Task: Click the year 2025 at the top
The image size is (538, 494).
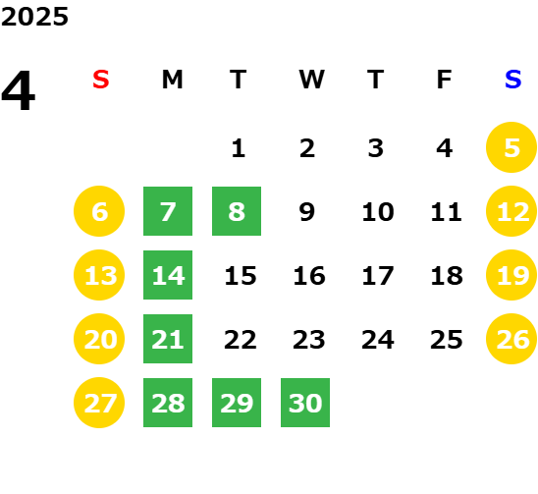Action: pos(34,17)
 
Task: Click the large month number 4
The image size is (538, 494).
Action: pos(19,90)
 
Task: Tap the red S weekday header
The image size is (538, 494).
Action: pos(101,80)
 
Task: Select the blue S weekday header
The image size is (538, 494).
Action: pos(512,80)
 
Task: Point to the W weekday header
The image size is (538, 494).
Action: pos(311,80)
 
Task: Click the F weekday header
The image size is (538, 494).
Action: pos(444,80)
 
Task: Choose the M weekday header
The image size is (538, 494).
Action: pos(172,80)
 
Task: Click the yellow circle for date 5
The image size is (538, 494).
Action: pos(511,147)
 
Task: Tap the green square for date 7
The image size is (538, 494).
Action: pos(168,211)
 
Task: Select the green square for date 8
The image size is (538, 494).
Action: pos(237,211)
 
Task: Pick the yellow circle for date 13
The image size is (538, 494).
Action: pos(99,275)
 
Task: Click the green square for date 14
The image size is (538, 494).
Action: pos(168,275)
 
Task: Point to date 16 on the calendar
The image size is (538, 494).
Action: pos(309,276)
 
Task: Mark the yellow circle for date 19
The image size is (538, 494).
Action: pos(511,275)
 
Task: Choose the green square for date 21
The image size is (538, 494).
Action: pos(168,339)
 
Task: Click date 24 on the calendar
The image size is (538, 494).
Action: pos(378,340)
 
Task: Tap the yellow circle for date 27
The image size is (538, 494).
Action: pos(99,403)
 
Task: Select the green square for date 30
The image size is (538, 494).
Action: pos(305,403)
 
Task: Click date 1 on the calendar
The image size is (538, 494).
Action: pos(239,148)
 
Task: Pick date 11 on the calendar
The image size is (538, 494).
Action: pos(446,212)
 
